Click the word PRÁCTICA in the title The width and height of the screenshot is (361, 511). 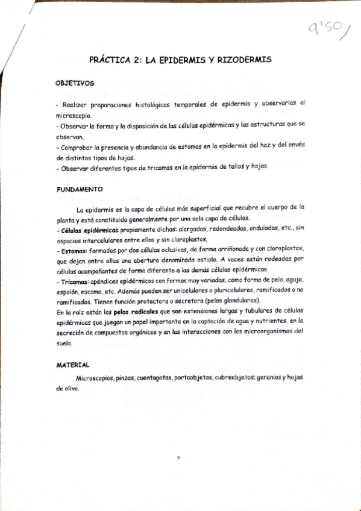(109, 60)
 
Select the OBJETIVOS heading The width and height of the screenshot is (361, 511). (74, 84)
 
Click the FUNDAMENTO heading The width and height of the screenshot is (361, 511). (80, 189)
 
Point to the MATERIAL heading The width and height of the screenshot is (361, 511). (73, 365)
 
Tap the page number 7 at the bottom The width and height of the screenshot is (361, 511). (178, 459)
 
